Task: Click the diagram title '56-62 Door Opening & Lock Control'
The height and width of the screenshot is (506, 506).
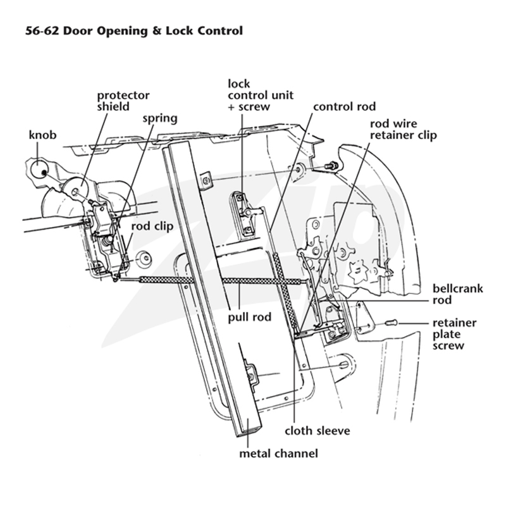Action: pos(134,31)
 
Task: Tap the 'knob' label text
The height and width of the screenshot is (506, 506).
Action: pos(42,135)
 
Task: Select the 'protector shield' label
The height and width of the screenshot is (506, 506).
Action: pos(123,101)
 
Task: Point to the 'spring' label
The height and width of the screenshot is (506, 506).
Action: pos(160,119)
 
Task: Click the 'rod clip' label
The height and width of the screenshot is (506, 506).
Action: pos(152,226)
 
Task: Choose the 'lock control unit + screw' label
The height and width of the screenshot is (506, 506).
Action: pos(261,95)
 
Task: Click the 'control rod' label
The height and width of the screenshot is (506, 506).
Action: pos(345,106)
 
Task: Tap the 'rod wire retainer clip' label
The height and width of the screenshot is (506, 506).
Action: pos(404,130)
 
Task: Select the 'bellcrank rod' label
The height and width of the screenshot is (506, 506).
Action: pos(458,294)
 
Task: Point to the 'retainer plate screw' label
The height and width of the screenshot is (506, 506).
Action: pos(454,335)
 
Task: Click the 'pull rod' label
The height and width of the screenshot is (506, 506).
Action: pos(249,318)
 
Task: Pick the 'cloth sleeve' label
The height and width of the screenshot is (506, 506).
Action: pos(318,431)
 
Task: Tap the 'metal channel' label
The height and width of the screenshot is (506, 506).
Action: pos(278,454)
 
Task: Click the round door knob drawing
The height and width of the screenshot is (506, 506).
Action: pos(40,170)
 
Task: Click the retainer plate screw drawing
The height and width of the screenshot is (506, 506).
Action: pos(392,322)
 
